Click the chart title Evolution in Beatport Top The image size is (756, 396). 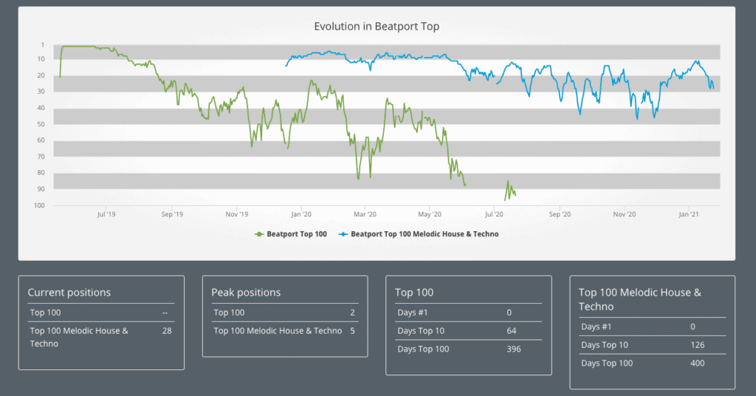(377, 27)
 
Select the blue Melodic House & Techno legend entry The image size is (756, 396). (419, 234)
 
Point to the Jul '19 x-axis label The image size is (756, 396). (106, 214)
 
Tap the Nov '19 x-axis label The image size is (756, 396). (236, 214)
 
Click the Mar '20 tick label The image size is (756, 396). (365, 214)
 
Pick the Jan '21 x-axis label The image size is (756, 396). (689, 214)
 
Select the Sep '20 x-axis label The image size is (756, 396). (560, 214)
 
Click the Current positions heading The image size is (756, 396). (69, 293)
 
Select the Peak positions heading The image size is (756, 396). (246, 293)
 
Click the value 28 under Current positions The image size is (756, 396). (167, 331)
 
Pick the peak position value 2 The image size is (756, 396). (352, 313)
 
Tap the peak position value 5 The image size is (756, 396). (352, 331)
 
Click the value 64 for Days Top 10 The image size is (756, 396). (512, 330)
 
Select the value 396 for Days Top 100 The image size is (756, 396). (513, 349)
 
